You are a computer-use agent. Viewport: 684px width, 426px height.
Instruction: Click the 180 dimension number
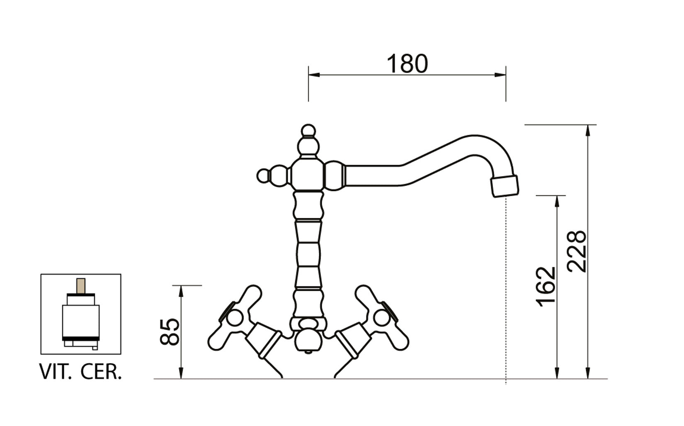[407, 64]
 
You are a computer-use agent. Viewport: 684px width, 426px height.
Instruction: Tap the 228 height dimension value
[577, 251]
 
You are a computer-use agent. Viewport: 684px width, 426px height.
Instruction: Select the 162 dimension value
[546, 286]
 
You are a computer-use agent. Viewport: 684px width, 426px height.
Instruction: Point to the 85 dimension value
[170, 332]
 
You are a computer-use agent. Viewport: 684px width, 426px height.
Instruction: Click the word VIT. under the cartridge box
[55, 372]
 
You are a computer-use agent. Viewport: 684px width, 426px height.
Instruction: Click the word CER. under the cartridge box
[101, 372]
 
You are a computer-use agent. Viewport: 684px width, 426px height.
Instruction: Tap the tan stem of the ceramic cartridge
[81, 286]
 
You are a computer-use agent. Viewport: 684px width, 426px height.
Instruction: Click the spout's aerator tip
[505, 186]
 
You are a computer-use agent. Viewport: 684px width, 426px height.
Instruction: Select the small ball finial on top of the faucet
[308, 131]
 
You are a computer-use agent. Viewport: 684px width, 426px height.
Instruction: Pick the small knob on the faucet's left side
[263, 176]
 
